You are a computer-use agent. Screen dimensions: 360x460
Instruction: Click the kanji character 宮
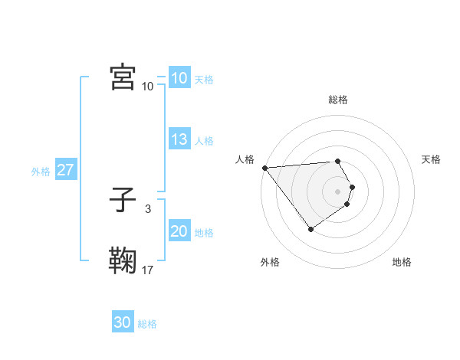(123, 77)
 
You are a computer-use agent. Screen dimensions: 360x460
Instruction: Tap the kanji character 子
(123, 201)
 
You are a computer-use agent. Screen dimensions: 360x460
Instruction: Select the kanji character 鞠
(123, 260)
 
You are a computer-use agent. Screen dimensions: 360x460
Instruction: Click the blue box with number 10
(179, 78)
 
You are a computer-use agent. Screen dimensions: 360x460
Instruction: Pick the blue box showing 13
(179, 139)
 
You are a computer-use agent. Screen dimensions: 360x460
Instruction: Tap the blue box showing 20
(179, 231)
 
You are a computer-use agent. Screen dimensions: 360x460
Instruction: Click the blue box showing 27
(65, 170)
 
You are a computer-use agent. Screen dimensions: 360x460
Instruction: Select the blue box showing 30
(123, 322)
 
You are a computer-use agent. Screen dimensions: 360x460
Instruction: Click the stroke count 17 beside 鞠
(148, 270)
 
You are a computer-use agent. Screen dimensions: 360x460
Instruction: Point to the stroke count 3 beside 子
(147, 208)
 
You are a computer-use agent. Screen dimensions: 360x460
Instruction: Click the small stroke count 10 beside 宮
(148, 86)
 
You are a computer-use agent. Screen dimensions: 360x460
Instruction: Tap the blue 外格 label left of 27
(41, 172)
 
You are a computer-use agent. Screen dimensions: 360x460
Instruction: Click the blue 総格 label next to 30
(147, 324)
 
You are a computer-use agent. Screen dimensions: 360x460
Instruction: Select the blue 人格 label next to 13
(204, 141)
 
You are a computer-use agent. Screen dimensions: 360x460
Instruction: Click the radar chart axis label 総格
(337, 100)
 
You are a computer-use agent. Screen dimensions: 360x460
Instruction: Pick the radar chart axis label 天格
(431, 159)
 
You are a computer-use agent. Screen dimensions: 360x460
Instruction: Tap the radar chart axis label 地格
(402, 262)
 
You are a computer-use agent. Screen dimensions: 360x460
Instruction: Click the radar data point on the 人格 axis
(264, 168)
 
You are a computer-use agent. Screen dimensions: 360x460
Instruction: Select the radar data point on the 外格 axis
(310, 229)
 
